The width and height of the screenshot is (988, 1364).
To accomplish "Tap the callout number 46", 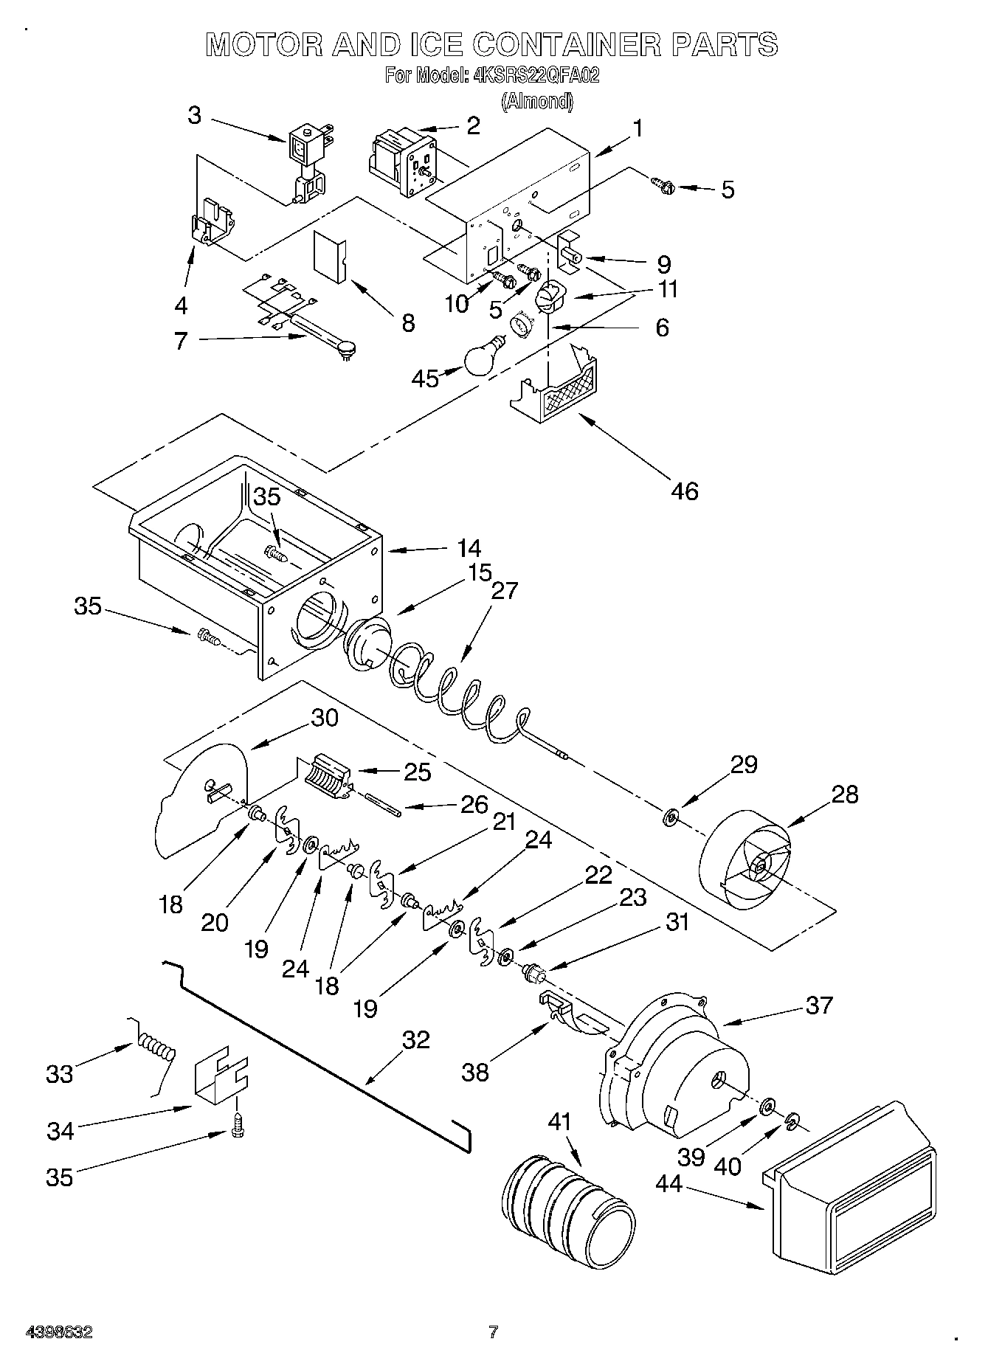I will (685, 491).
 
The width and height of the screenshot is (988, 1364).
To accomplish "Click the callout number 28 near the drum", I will (844, 794).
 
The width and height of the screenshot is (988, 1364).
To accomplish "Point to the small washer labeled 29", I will (670, 817).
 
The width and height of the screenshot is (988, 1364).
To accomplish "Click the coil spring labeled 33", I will (156, 1048).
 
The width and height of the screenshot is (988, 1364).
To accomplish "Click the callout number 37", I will (819, 1005).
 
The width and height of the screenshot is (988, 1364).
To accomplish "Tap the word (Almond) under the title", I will (537, 101).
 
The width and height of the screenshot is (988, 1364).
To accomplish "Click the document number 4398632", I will (59, 1332).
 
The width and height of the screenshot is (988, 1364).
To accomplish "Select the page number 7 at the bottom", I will (493, 1332).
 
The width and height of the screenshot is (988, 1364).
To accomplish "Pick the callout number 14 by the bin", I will (469, 549).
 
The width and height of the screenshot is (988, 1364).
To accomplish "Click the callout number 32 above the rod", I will (416, 1039).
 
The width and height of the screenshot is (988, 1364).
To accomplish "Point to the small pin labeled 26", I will (382, 803).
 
